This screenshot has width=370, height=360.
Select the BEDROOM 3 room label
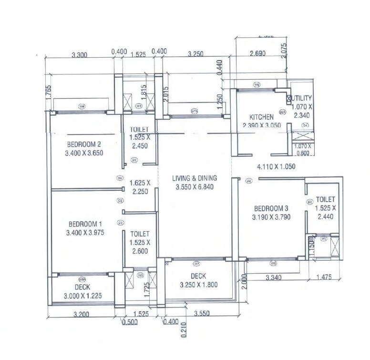[271, 208]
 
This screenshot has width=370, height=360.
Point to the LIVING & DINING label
[195, 178]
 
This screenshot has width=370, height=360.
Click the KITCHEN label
[261, 117]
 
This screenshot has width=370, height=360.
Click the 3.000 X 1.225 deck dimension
[83, 296]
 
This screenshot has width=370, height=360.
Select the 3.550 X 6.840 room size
[195, 186]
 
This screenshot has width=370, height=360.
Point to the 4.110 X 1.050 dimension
[277, 167]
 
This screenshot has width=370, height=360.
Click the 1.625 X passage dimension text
[140, 183]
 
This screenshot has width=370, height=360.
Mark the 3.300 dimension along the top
[79, 55]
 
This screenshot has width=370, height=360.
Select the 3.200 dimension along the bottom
[82, 315]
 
